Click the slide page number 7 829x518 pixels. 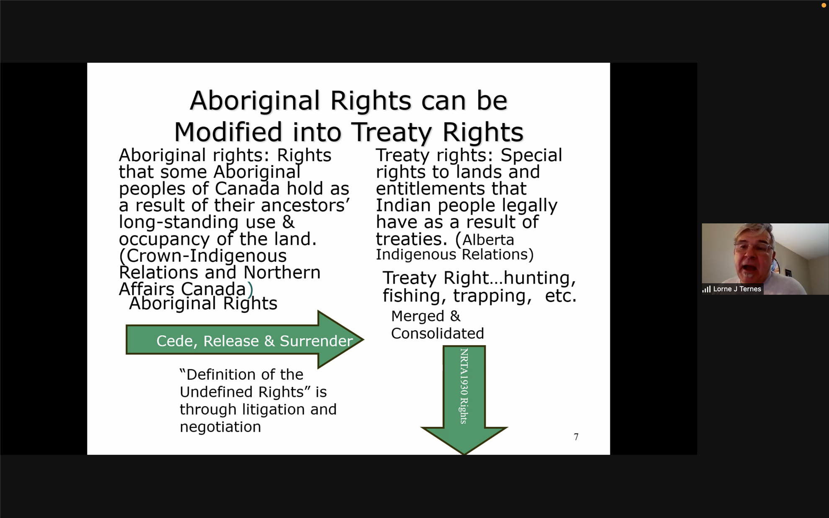(x=576, y=437)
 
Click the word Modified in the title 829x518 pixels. (x=228, y=132)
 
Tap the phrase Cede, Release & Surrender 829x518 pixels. (x=255, y=341)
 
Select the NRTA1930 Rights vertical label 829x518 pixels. (x=464, y=386)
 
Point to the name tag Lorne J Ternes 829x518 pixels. (x=737, y=289)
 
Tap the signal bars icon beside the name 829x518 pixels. (x=706, y=289)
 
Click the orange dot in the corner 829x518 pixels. (x=824, y=5)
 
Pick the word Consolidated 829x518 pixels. (x=438, y=333)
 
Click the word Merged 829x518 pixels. (x=418, y=316)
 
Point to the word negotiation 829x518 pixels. (x=220, y=427)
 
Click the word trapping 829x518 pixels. (x=492, y=296)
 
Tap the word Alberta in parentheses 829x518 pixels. (x=488, y=240)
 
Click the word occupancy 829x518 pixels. (x=165, y=240)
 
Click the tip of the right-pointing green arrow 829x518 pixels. (x=363, y=340)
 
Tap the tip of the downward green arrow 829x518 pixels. (x=464, y=454)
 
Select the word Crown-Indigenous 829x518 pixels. (x=203, y=256)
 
